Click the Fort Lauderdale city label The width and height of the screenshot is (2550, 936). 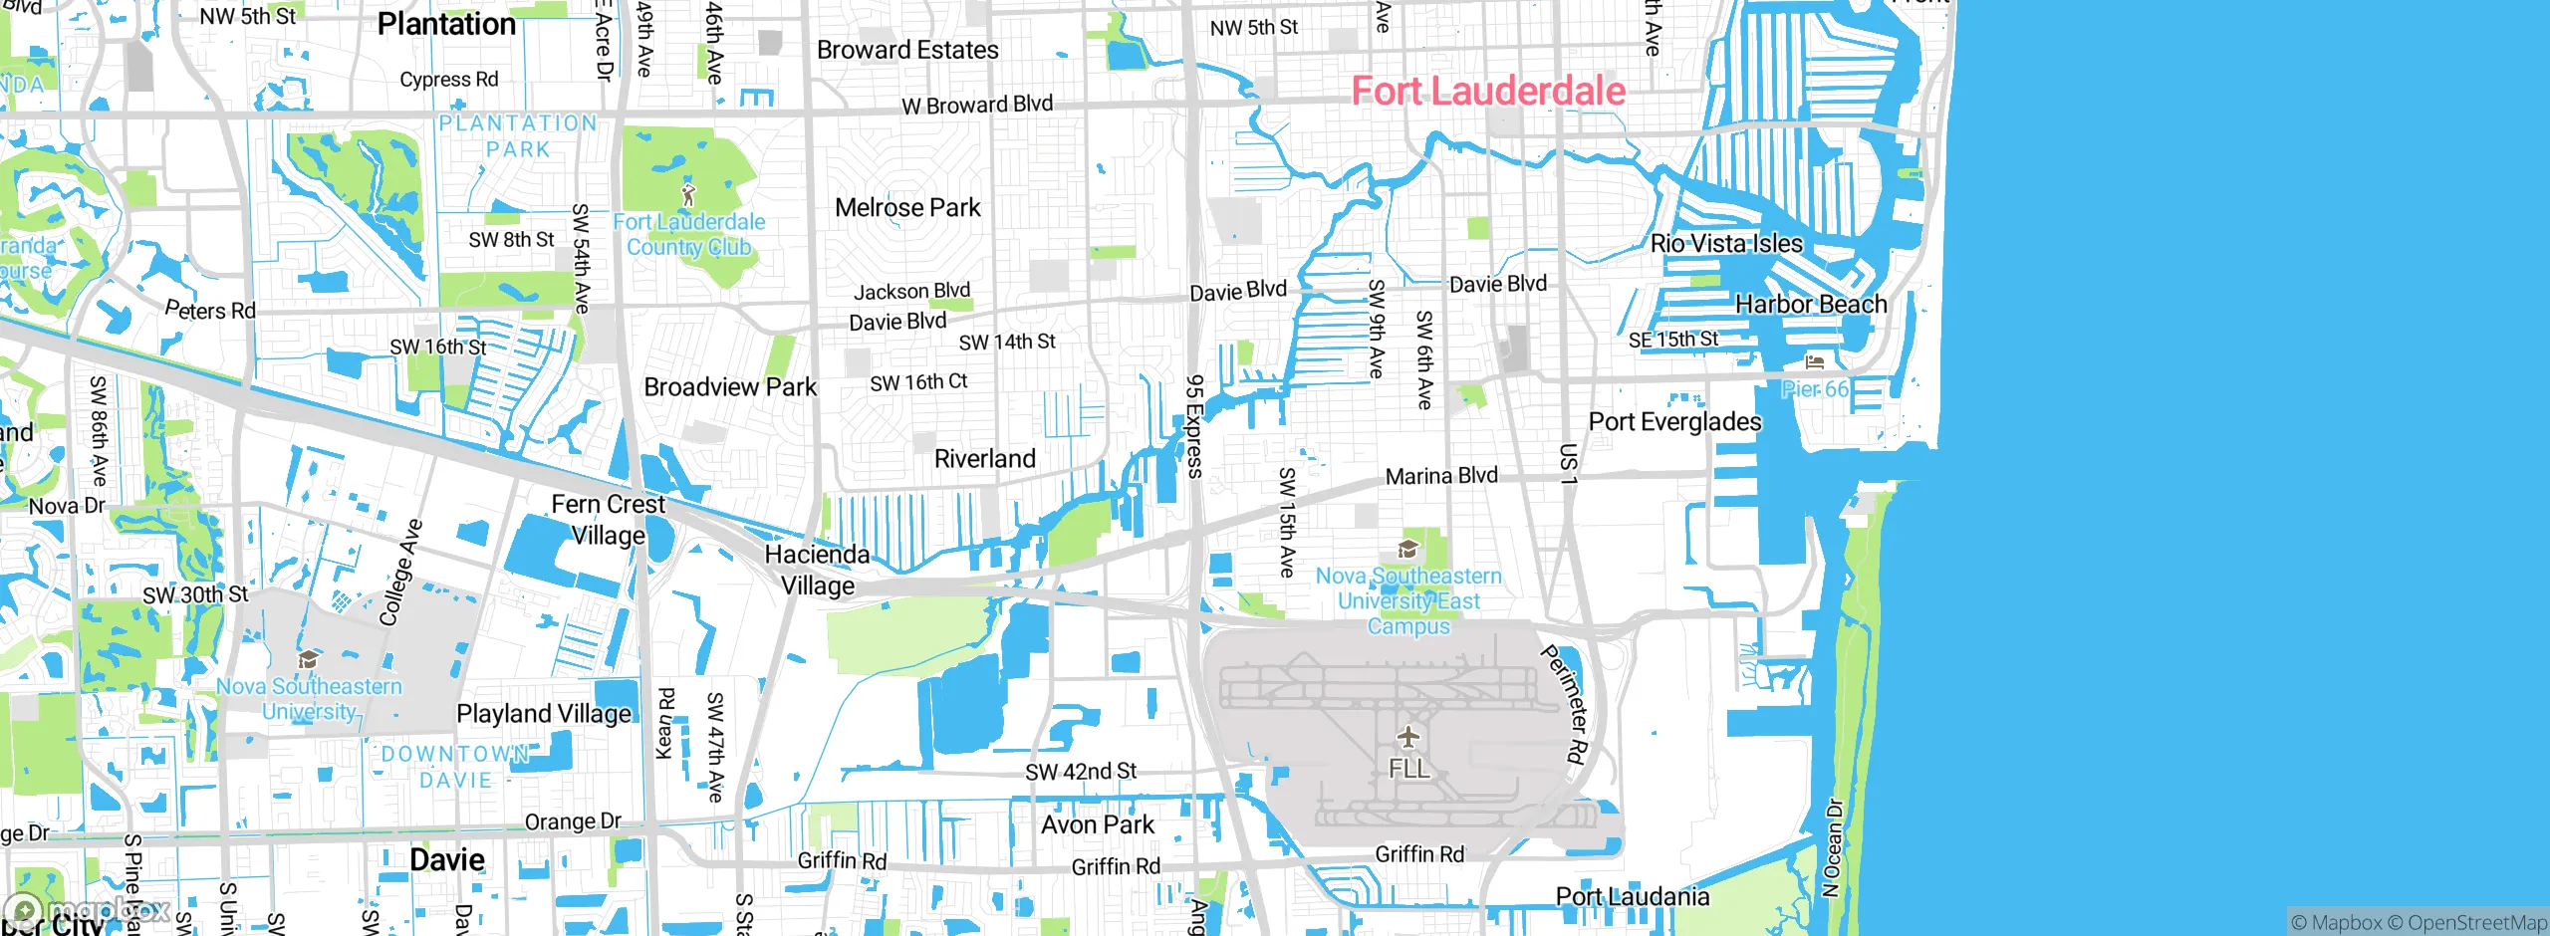pyautogui.click(x=1488, y=92)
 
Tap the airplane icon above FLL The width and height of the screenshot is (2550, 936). pyautogui.click(x=1407, y=737)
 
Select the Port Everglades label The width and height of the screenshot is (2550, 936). pyautogui.click(x=1674, y=422)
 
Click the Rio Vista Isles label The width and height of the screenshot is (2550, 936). pyautogui.click(x=1726, y=244)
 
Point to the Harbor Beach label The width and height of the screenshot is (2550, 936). pyautogui.click(x=1811, y=305)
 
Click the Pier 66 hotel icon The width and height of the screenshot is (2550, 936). pyautogui.click(x=1815, y=362)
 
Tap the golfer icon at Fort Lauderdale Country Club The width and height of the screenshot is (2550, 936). pyautogui.click(x=688, y=194)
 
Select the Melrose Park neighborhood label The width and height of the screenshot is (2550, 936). pyautogui.click(x=907, y=208)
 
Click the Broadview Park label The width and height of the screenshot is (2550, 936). pyautogui.click(x=730, y=387)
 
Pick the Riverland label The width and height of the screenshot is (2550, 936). pyautogui.click(x=984, y=459)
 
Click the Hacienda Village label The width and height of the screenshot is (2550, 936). pyautogui.click(x=817, y=570)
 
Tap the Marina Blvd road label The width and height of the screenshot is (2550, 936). pyautogui.click(x=1441, y=476)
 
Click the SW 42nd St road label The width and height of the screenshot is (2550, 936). pyautogui.click(x=1081, y=772)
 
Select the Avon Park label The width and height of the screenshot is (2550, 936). pyautogui.click(x=1097, y=825)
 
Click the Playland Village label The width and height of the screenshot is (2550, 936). pyautogui.click(x=543, y=714)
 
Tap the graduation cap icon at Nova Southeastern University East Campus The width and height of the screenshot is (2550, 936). pyautogui.click(x=1407, y=550)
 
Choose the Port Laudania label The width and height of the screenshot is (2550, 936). pyautogui.click(x=1632, y=897)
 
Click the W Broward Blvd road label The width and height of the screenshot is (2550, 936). pyautogui.click(x=976, y=105)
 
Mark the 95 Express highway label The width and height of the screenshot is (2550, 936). pyautogui.click(x=1194, y=426)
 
